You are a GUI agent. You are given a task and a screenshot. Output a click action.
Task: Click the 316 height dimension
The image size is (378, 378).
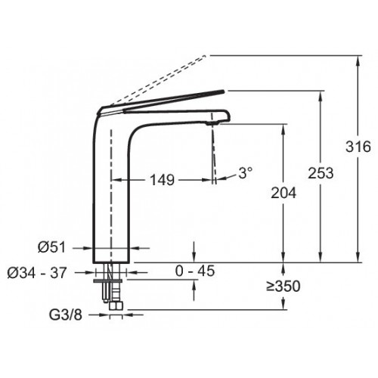pos(358,147)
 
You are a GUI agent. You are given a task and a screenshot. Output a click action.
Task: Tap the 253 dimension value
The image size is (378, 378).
pos(321,173)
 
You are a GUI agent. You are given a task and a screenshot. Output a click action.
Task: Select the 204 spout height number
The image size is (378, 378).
pos(283,193)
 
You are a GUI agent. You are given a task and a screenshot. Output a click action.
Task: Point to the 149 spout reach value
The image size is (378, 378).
pos(162,180)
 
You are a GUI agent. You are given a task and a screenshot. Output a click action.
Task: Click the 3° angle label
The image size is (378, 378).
pos(245,173)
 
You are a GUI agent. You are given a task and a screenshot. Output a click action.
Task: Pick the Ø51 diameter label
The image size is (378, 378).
pos(51,247)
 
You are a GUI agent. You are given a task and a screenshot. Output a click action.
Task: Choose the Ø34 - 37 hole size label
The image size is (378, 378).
pos(37,272)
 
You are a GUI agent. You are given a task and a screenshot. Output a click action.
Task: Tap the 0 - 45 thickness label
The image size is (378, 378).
pos(195,271)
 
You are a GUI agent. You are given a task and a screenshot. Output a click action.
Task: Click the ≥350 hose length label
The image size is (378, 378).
pos(283,287)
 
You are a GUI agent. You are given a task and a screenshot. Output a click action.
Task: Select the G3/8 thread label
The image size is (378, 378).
pos(66,314)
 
